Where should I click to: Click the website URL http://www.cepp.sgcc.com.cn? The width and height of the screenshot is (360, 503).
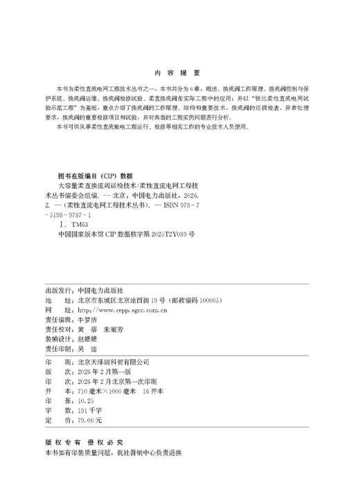(119, 312)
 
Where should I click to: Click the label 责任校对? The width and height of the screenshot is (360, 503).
(57, 331)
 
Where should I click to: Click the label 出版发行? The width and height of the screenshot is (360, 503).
(57, 292)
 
